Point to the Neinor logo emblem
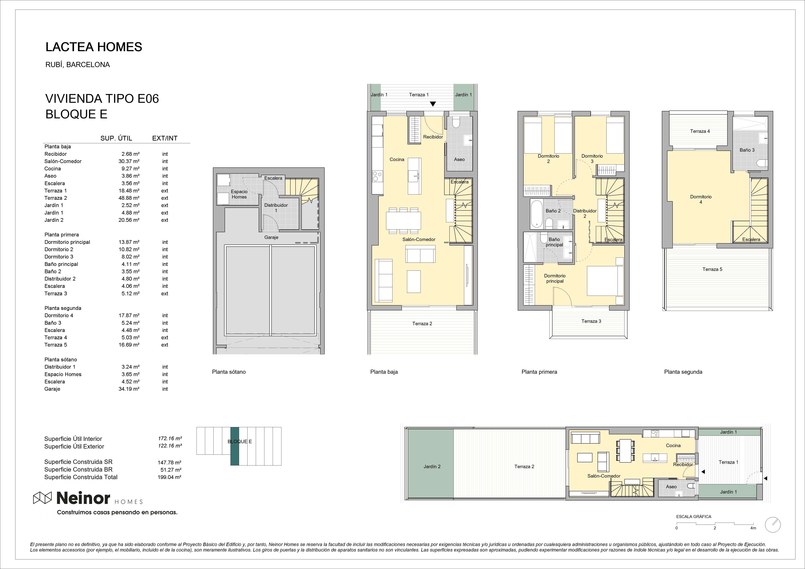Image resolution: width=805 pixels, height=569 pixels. (42, 498)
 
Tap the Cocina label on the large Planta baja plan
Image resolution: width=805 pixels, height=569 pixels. (397, 159)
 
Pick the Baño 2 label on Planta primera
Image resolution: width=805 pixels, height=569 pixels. (553, 211)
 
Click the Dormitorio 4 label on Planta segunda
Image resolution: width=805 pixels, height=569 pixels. (701, 199)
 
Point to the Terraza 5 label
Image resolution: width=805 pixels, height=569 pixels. (712, 269)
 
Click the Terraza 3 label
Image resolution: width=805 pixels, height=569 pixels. (591, 321)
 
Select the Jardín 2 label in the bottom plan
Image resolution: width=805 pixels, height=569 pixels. (432, 467)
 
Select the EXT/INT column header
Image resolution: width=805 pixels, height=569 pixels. (165, 138)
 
